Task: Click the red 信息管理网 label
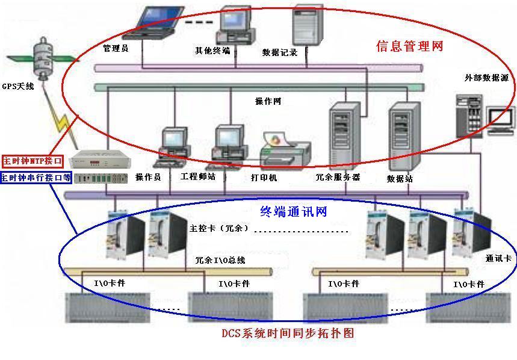coord(409,46)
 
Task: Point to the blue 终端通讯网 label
coord(294,211)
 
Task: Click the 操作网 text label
coord(268,101)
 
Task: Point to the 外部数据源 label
coord(486,78)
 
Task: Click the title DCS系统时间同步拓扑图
coord(291,332)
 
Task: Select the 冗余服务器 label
coord(338,178)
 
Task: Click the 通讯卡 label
coord(498,258)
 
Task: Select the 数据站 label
coord(400,179)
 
